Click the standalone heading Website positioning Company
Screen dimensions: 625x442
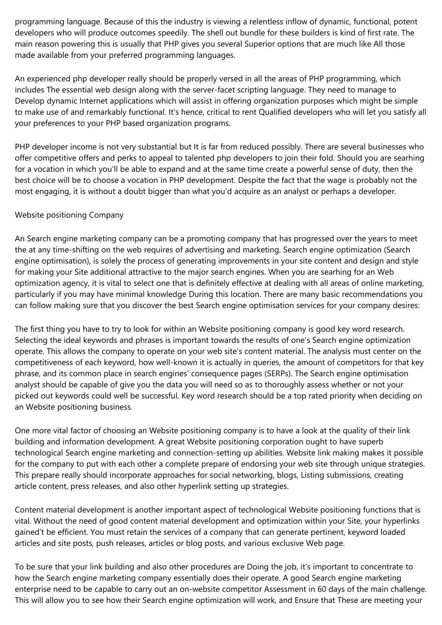(x=69, y=215)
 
